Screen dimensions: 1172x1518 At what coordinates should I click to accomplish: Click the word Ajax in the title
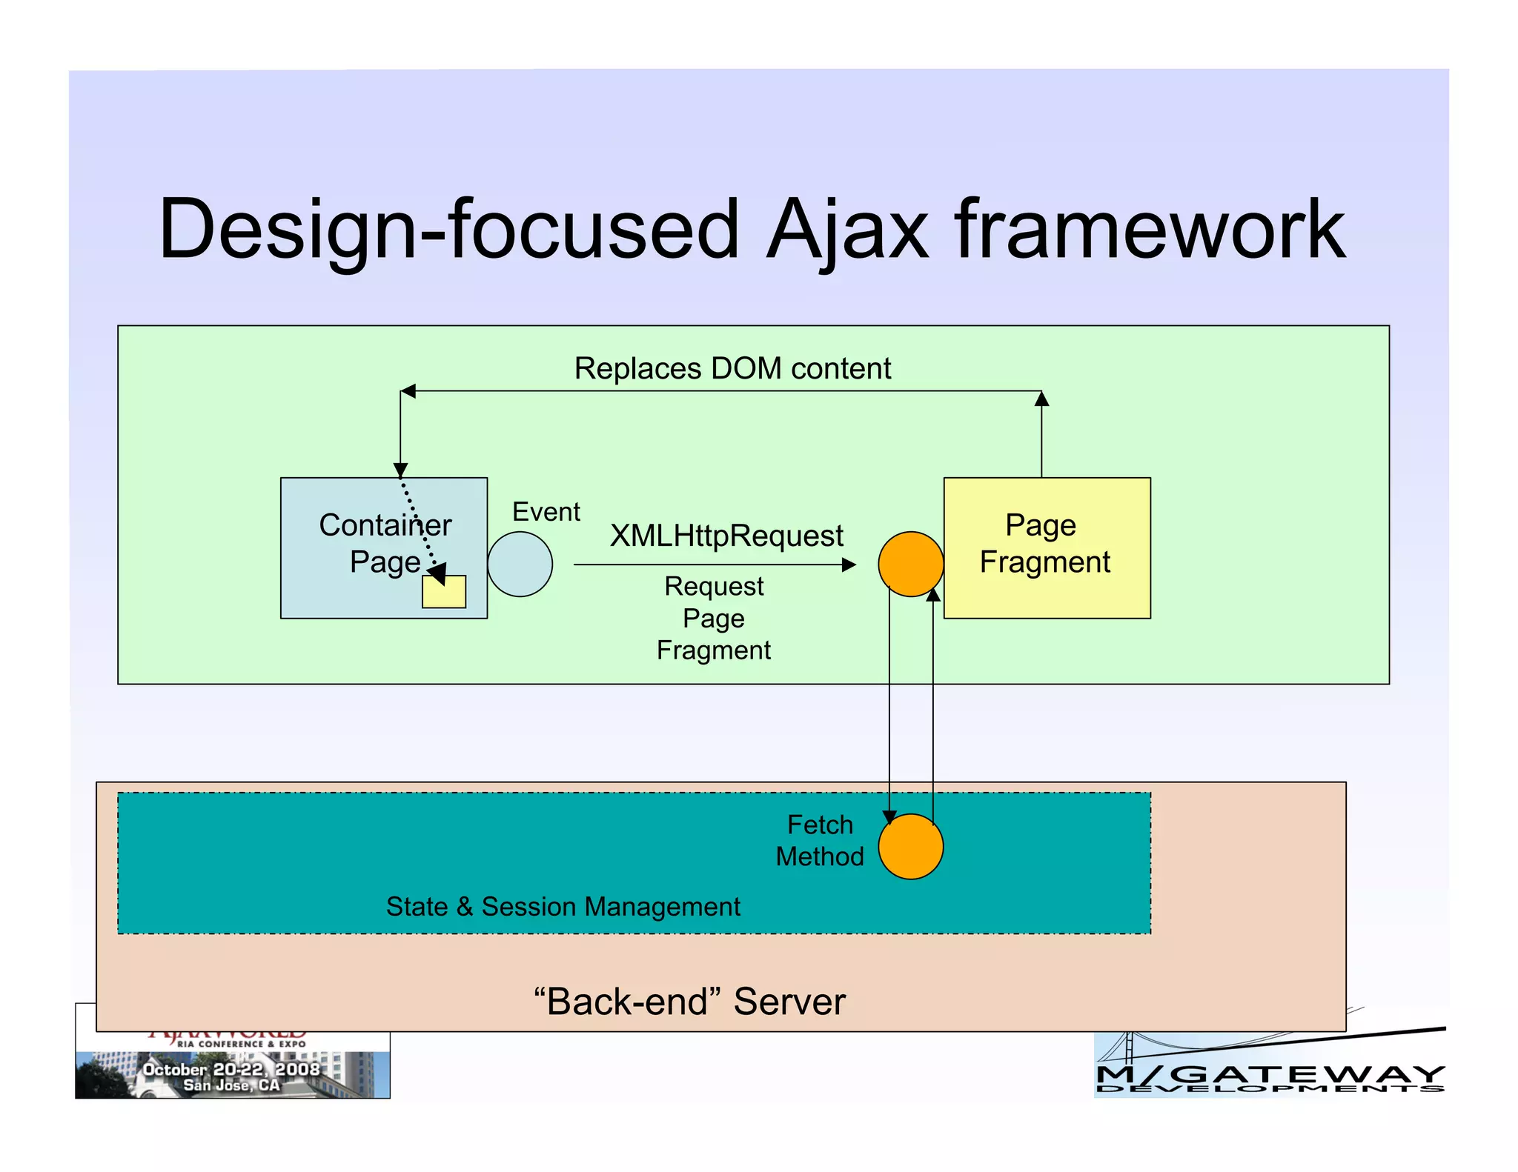(846, 230)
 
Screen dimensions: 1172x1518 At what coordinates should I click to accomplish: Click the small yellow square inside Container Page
(444, 592)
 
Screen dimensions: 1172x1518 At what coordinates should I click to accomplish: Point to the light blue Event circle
(520, 564)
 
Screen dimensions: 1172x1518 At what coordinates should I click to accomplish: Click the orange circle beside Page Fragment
(910, 564)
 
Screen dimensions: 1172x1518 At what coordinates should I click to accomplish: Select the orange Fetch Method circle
(910, 846)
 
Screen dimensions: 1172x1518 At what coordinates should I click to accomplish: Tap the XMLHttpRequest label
(726, 536)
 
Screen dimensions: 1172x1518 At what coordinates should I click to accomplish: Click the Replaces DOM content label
(732, 368)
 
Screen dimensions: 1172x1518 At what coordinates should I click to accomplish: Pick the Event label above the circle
(546, 512)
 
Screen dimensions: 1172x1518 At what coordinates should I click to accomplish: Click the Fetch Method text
(820, 840)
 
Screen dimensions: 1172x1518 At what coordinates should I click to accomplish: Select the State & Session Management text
(563, 906)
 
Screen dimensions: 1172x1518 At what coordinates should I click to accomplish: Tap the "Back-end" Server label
(689, 1001)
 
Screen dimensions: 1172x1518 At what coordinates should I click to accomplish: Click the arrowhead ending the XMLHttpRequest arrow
(849, 565)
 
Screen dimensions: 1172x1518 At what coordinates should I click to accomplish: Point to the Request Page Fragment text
(713, 618)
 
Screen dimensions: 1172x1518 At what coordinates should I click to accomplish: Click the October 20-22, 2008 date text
(231, 1069)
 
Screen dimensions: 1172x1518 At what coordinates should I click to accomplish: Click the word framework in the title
(1150, 230)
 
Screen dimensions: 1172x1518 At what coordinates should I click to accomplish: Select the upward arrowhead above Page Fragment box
(1041, 399)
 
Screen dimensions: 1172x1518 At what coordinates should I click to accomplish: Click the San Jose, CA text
(231, 1085)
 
